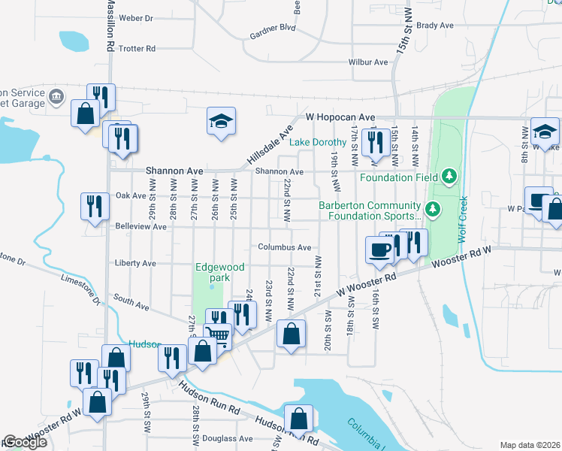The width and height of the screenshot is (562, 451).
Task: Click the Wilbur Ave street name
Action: point(369,62)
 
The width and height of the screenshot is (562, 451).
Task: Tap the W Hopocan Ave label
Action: point(340,117)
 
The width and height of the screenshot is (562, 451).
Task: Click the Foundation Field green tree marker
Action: point(450,176)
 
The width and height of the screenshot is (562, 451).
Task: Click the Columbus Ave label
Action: point(284,247)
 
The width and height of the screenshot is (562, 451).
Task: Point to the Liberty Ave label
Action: point(135,264)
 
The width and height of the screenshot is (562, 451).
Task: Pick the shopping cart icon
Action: point(217,334)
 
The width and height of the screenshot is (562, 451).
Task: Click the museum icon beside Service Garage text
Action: point(56,97)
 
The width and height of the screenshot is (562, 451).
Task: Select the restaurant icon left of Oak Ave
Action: point(95,205)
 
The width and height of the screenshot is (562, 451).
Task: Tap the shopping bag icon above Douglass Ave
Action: point(298,417)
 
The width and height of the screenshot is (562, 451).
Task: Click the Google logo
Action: point(25,442)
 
